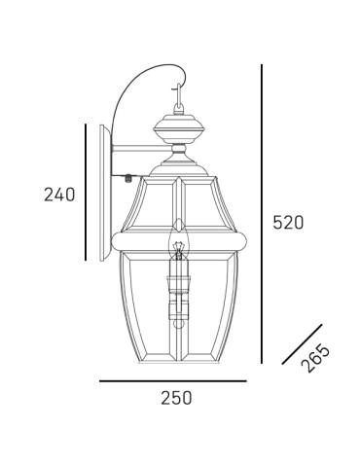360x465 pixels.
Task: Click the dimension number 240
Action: click(x=59, y=195)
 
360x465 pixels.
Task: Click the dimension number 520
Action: click(x=287, y=223)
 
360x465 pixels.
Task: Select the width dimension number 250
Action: click(x=175, y=398)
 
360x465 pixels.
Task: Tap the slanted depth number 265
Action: click(x=315, y=357)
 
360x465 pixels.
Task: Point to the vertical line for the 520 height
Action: click(x=261, y=215)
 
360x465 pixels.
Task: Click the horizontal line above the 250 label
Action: click(x=173, y=380)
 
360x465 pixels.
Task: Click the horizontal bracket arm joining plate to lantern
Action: click(x=136, y=154)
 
